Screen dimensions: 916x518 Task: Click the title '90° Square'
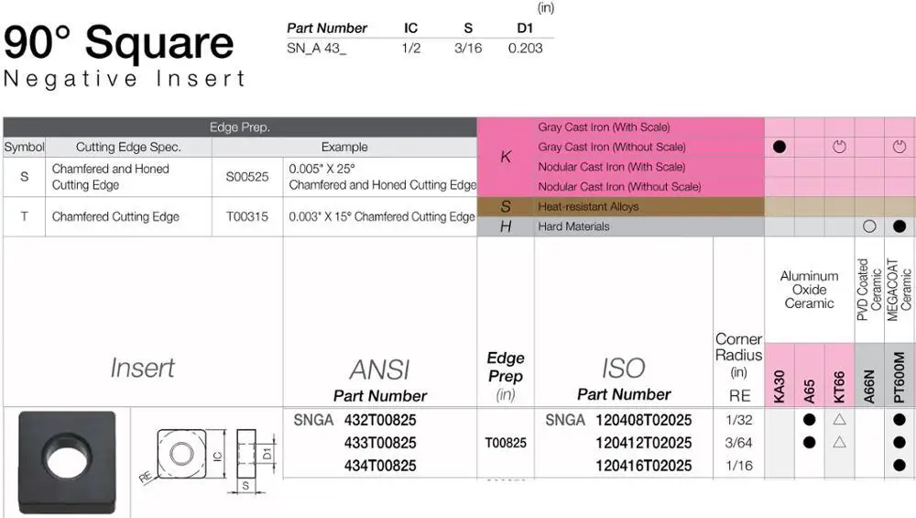coord(119,43)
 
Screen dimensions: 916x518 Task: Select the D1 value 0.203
coord(525,48)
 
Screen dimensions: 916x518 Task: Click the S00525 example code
coord(247,177)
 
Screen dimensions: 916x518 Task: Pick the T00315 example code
coord(247,216)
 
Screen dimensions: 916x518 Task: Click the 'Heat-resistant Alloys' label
coord(589,206)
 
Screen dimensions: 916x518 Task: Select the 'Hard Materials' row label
coord(573,226)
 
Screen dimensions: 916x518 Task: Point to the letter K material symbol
coord(506,157)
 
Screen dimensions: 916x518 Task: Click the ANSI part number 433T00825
coord(380,443)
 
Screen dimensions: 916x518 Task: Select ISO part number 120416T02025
coord(643,466)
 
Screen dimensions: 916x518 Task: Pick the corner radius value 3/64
coord(738,443)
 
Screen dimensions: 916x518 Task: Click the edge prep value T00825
coord(506,443)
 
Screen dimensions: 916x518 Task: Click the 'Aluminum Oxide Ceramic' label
coord(810,289)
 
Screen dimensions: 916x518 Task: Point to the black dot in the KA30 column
coord(780,147)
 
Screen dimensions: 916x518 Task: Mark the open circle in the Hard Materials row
coord(869,226)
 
